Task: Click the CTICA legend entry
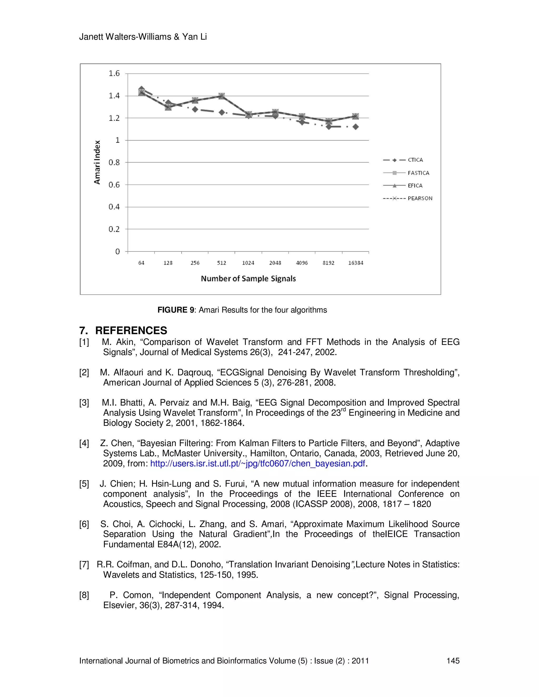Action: pos(415,160)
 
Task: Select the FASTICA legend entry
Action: pos(418,173)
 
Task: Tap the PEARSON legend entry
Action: pos(420,198)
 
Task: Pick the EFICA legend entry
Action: pos(415,186)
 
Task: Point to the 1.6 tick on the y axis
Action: pos(114,73)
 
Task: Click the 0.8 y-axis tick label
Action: pos(114,163)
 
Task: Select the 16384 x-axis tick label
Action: pos(355,263)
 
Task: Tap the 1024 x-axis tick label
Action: pos(248,263)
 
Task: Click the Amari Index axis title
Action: pos(97,162)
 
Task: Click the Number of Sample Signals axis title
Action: pos(248,279)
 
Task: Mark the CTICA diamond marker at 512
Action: pos(222,112)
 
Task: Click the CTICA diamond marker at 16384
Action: pos(355,127)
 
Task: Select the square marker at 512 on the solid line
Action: pos(222,96)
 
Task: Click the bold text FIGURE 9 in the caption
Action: pos(176,310)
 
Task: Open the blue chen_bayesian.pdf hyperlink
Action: pos(257,463)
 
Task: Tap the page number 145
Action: pos(453,661)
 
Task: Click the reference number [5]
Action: pos(84,484)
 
